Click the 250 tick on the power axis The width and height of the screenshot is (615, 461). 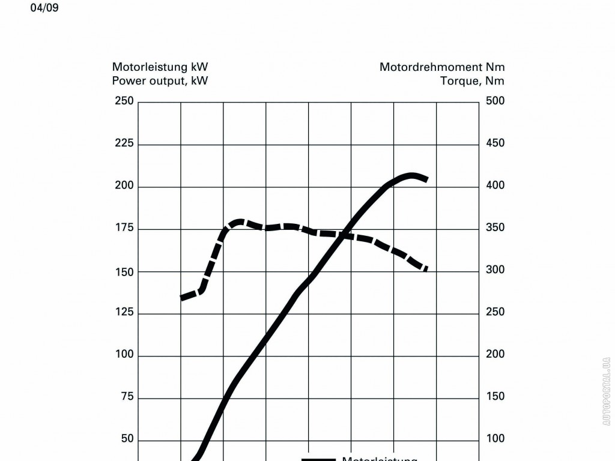point(124,101)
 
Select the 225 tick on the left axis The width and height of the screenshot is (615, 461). point(124,143)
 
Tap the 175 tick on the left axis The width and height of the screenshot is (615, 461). point(124,228)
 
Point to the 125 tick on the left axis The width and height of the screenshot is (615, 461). point(124,313)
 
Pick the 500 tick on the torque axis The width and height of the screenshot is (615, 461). point(495,101)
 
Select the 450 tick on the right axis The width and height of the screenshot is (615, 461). point(495,143)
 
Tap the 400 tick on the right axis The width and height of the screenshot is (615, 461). point(495,185)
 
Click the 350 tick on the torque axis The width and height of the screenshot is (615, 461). point(495,228)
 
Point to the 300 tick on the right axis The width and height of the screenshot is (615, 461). point(495,270)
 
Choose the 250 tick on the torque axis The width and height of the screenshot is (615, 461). point(495,312)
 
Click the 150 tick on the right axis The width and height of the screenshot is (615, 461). point(495,397)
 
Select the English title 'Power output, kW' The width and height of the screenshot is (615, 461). point(160,81)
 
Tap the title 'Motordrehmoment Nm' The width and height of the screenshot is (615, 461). point(441,67)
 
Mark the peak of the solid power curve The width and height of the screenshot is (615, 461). point(412,176)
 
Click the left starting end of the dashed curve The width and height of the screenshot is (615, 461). point(182,297)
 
